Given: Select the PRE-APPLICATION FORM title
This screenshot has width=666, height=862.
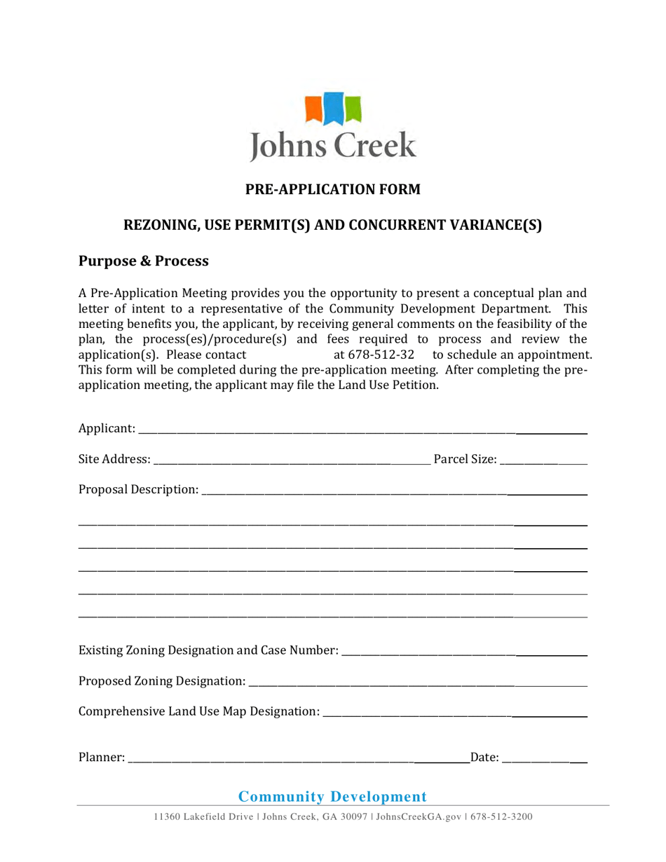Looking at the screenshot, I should pos(332,189).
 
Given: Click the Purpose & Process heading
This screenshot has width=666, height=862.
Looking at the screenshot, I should pos(143,261).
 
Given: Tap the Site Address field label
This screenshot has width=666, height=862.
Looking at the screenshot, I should pos(114,460).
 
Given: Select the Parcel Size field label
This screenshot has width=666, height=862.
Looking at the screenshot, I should pos(465,460).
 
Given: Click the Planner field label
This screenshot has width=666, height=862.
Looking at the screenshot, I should pos(102,757).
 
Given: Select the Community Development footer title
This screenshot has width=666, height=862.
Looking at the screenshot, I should pos(332,796).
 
